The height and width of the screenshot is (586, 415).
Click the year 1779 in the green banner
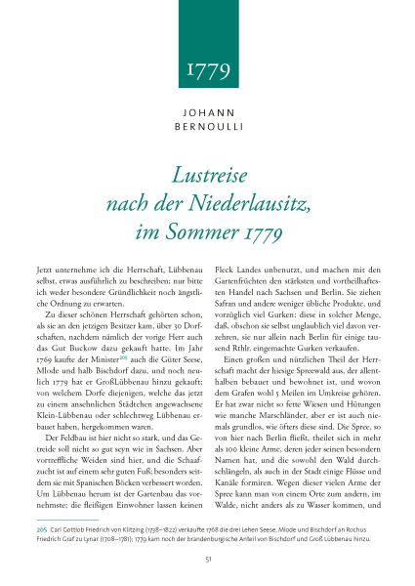click(207, 70)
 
